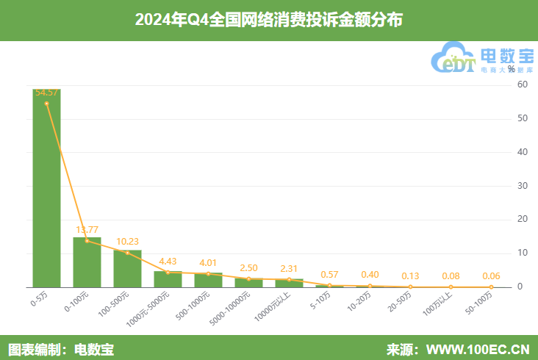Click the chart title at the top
(x=269, y=20)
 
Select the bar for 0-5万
(x=46, y=188)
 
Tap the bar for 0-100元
(x=87, y=262)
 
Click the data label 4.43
(x=168, y=261)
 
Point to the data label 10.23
(x=127, y=241)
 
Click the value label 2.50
(x=248, y=268)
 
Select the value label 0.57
(x=329, y=274)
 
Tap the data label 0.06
(x=491, y=276)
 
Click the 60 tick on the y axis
(x=523, y=84)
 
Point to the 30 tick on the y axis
(x=523, y=186)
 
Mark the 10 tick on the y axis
(x=523, y=253)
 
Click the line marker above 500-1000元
(x=208, y=274)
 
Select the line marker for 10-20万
(x=370, y=286)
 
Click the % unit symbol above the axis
(x=512, y=70)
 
